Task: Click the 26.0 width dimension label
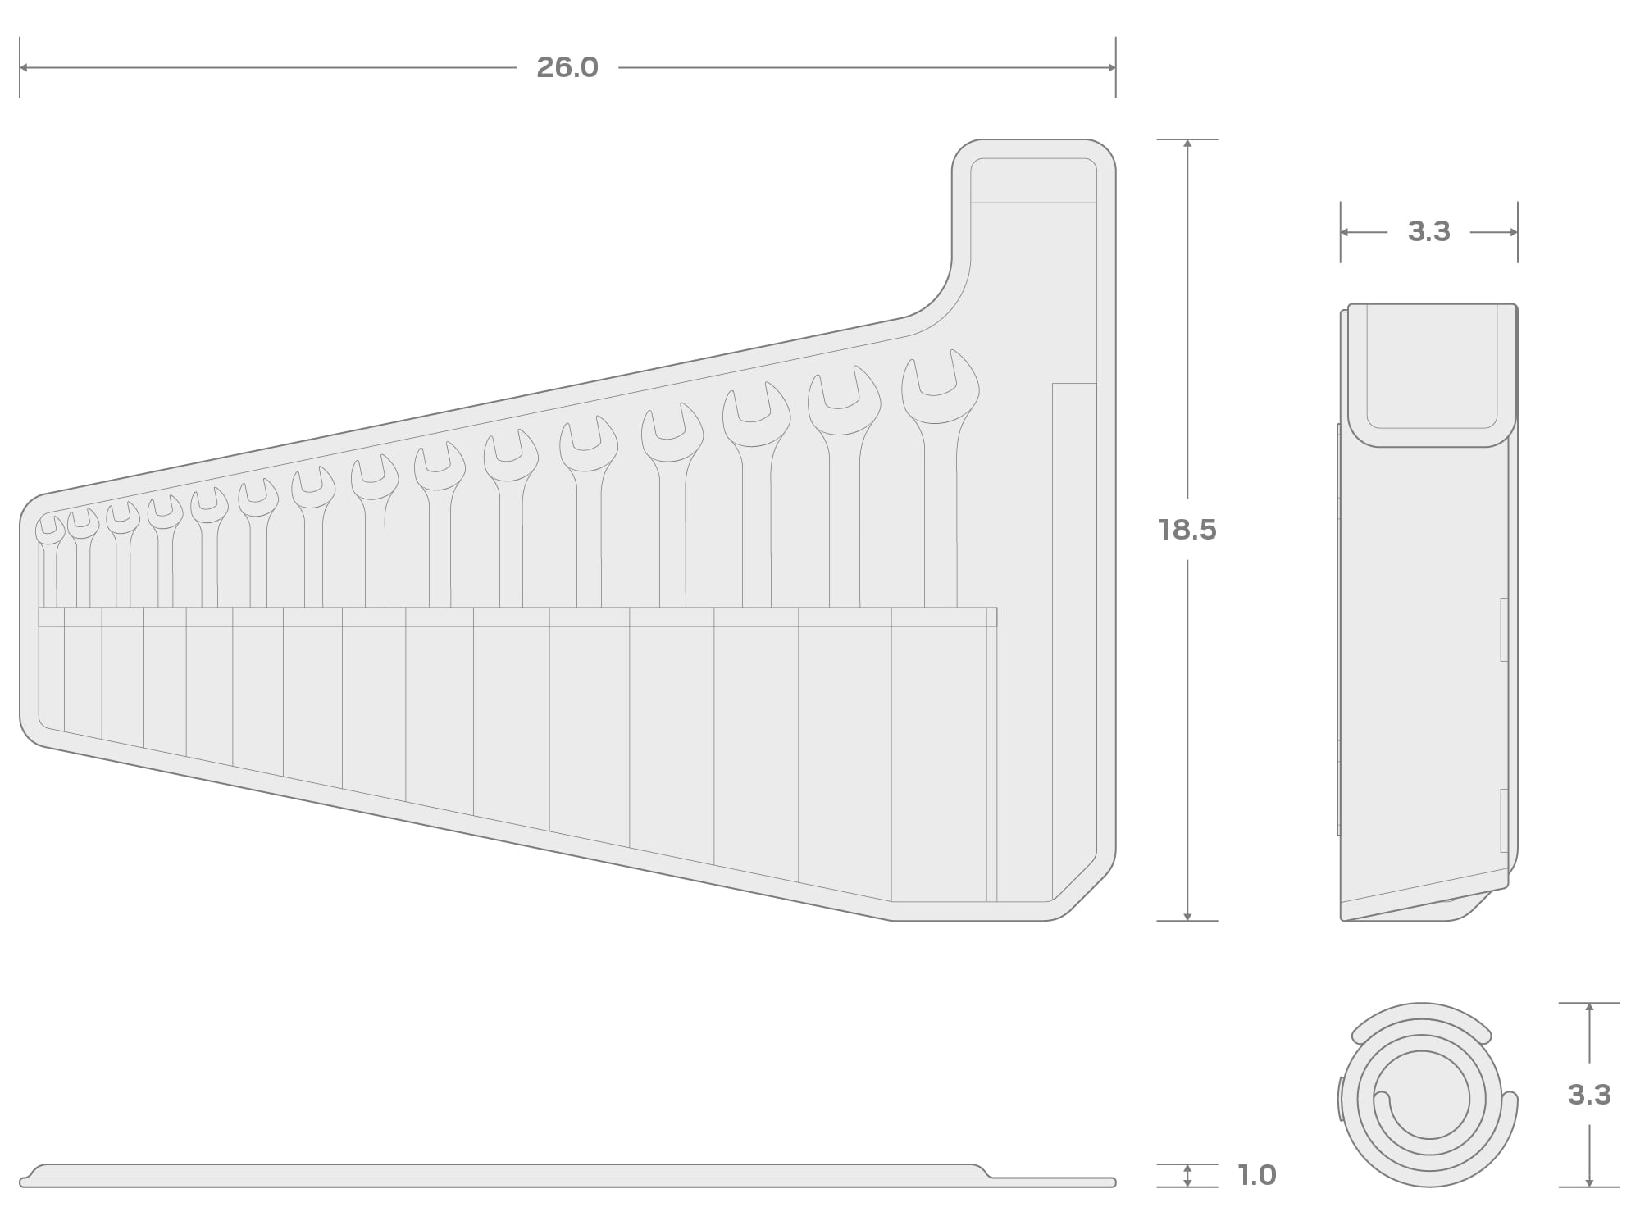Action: pos(567,67)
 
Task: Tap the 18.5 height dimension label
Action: pos(1187,530)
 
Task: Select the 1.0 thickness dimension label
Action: pos(1257,1175)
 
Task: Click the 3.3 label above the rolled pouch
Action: pos(1428,232)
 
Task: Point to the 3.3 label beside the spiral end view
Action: pos(1589,1095)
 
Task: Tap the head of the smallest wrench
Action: pos(50,531)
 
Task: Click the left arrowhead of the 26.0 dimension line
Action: pos(24,67)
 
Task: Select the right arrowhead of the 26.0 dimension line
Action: pos(1111,67)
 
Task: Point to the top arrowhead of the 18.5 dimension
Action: pos(1187,144)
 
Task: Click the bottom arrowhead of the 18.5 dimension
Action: pos(1187,915)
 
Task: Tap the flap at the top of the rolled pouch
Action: pos(1432,376)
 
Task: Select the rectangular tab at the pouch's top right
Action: pos(1033,180)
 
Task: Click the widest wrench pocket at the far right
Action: pos(939,754)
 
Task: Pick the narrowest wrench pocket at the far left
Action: pos(52,667)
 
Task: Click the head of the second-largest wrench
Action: pos(844,401)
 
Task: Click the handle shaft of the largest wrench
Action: pos(941,517)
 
